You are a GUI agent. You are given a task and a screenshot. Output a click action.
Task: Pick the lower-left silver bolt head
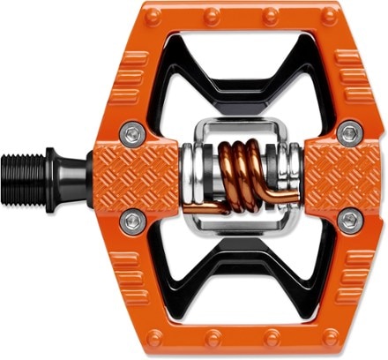(133, 221)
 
